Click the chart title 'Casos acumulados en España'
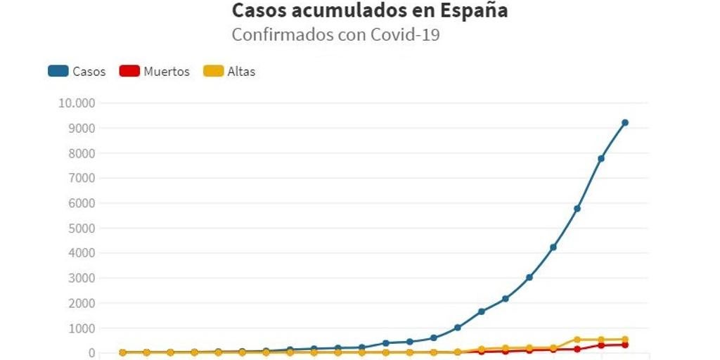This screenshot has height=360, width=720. pos(370,11)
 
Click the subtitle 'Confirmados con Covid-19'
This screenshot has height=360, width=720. pos(335,34)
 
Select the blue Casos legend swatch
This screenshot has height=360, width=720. pos(58,71)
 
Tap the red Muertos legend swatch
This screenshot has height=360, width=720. pos(129,71)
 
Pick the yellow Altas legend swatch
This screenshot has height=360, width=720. pos(213,71)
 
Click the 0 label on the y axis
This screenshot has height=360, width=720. pos(91,353)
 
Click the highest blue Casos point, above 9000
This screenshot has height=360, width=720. pos(624,123)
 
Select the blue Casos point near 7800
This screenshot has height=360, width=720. pos(600,158)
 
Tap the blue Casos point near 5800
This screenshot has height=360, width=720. pos(577,208)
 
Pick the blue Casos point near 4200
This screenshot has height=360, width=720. pos(553,247)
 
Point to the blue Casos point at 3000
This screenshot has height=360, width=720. pos(529,278)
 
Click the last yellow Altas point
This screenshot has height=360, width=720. pos(624,339)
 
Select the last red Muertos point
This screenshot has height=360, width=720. pos(624,345)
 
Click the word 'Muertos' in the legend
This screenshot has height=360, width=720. pos(167,71)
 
